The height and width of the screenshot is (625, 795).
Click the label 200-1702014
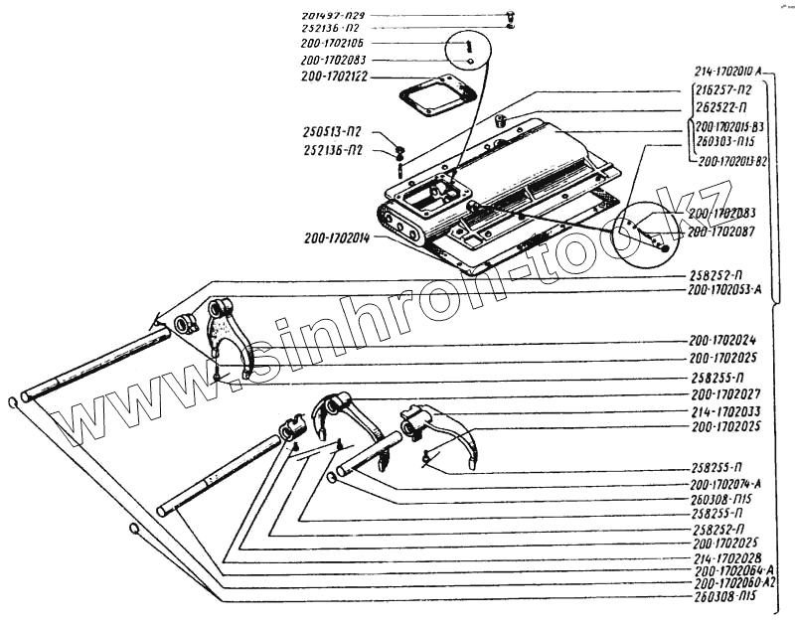(337, 238)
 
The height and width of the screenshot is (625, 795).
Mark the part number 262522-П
(722, 107)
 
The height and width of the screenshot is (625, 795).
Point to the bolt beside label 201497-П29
(509, 15)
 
